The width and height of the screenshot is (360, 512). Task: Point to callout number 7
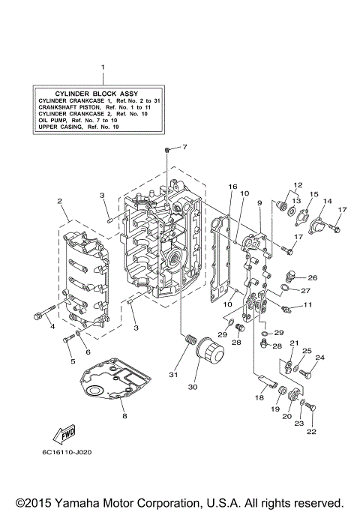(184, 147)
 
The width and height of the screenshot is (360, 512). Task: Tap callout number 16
(232, 187)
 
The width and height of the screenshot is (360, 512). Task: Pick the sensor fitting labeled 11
(286, 307)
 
